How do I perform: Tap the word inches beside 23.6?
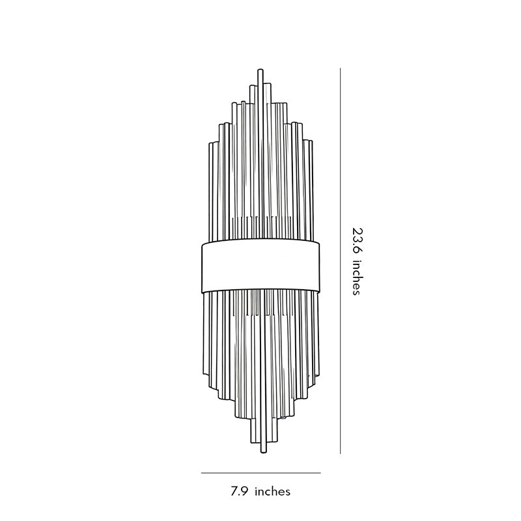click(356, 277)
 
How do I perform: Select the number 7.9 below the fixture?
click(239, 492)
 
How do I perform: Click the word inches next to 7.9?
click(272, 492)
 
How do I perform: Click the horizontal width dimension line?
click(260, 473)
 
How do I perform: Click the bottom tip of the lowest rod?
click(262, 451)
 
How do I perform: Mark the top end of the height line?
click(341, 68)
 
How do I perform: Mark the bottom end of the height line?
click(341, 453)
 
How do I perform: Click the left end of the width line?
click(202, 473)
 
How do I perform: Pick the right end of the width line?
click(320, 473)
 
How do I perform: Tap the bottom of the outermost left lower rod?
click(209, 389)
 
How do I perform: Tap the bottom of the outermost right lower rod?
click(311, 389)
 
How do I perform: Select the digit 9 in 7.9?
click(244, 492)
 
